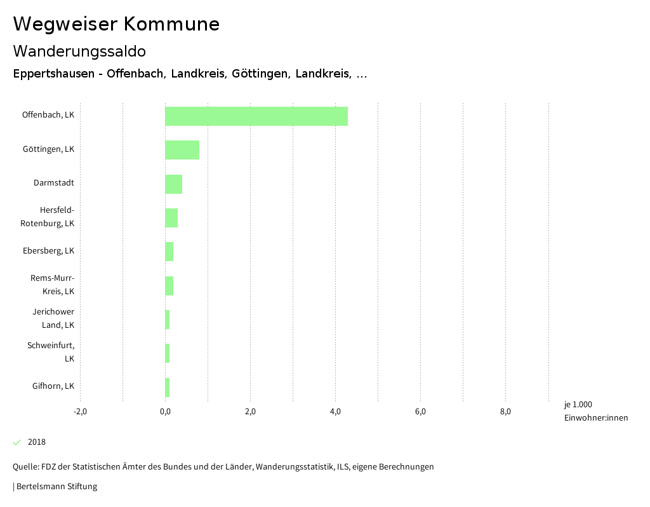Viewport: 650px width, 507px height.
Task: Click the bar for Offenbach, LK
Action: pos(256,116)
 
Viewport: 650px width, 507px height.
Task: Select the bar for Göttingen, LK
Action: pos(182,150)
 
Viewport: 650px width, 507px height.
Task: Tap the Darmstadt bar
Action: pos(173,184)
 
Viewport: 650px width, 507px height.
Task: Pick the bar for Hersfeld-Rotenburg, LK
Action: pos(171,218)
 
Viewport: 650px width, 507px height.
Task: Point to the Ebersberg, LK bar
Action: pos(169,252)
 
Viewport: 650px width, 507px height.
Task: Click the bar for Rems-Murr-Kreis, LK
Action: pos(169,286)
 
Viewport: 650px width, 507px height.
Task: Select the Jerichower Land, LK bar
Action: pos(168,320)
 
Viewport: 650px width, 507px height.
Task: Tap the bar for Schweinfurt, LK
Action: pos(168,353)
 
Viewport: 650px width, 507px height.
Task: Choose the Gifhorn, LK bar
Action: pos(168,388)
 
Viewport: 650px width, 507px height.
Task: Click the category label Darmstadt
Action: pos(54,183)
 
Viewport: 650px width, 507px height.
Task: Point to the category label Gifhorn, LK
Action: pos(53,386)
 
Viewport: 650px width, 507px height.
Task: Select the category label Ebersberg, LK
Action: pos(49,251)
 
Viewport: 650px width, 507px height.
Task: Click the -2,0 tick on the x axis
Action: pos(80,412)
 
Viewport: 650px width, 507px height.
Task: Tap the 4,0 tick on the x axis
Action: pos(335,412)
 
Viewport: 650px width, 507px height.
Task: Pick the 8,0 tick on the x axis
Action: pos(505,412)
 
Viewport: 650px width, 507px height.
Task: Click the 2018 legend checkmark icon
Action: pos(17,442)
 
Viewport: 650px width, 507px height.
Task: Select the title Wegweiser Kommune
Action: pos(116,24)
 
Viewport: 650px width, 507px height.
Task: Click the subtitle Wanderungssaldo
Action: pos(79,51)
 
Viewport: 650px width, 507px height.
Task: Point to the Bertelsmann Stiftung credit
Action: pos(56,487)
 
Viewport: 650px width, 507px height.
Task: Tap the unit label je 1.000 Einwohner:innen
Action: pos(595,411)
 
